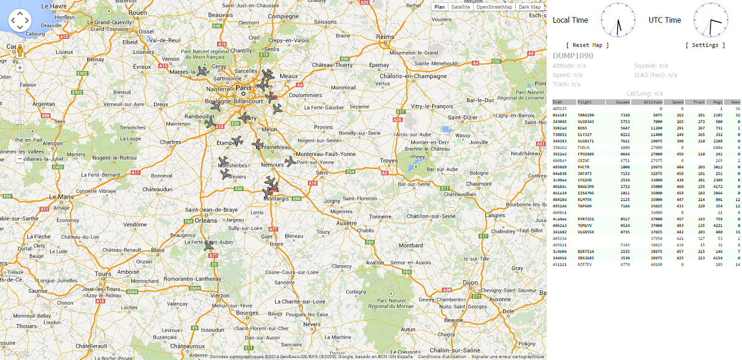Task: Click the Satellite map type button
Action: click(461, 7)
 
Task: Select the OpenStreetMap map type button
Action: click(493, 7)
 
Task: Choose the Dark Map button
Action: click(529, 7)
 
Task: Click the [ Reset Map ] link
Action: click(587, 45)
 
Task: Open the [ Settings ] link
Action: click(706, 45)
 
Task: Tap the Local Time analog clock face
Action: click(618, 20)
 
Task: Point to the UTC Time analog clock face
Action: click(710, 20)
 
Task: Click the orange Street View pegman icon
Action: click(19, 50)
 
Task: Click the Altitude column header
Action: click(652, 102)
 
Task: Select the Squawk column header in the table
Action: click(622, 102)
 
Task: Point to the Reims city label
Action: click(385, 36)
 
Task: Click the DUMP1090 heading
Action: click(573, 56)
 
